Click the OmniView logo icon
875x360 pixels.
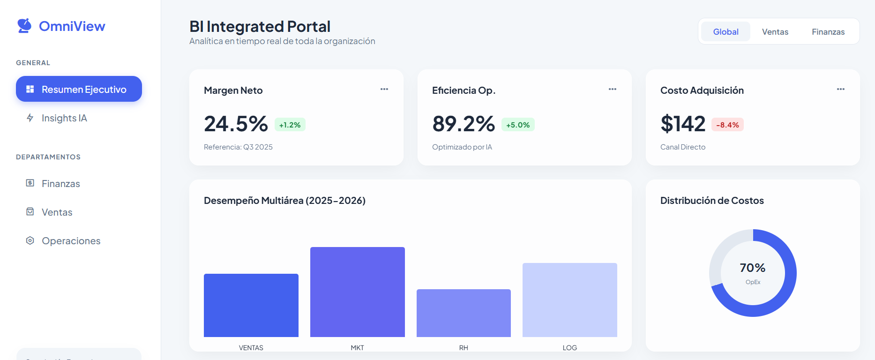click(24, 26)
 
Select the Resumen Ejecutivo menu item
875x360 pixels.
click(79, 89)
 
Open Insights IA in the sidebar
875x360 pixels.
click(64, 118)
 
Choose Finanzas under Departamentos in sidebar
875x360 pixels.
click(60, 184)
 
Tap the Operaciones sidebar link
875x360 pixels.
click(71, 241)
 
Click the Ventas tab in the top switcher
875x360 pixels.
click(775, 32)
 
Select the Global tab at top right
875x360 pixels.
click(725, 32)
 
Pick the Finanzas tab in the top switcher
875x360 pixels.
click(828, 32)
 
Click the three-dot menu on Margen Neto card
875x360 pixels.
click(384, 89)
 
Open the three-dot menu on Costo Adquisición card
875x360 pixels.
click(841, 89)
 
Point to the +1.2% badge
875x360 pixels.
click(290, 125)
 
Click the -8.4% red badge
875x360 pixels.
click(727, 125)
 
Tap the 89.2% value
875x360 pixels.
click(463, 124)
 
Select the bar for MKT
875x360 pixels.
click(357, 292)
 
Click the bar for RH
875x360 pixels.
click(464, 313)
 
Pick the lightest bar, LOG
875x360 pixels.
click(569, 300)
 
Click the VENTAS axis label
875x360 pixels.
click(251, 348)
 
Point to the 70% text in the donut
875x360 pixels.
click(752, 268)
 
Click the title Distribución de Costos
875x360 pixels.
click(711, 201)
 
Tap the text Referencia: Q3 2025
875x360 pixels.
click(238, 147)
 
